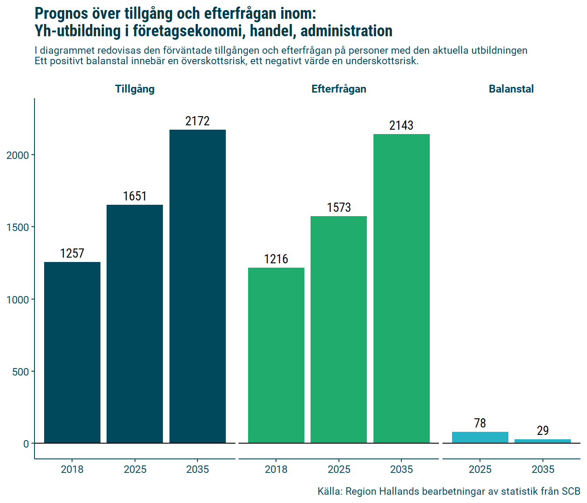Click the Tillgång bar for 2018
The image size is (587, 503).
(72, 352)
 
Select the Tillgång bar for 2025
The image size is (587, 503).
(135, 324)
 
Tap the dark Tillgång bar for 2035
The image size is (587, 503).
(197, 286)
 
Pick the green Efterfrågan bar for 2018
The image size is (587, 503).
(276, 355)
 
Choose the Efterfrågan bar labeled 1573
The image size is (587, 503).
(338, 330)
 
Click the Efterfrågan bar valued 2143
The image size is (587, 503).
(401, 289)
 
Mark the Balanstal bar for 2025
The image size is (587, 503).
(480, 438)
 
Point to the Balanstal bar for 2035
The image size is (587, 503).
(542, 441)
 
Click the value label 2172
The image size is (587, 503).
(197, 121)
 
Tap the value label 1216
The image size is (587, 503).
(276, 259)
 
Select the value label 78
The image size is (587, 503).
(480, 423)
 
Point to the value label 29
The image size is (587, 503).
(542, 431)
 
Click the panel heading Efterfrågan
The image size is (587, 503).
(338, 89)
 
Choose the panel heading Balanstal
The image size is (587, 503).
(511, 89)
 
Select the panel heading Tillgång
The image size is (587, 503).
(135, 89)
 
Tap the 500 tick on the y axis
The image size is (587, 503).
(21, 372)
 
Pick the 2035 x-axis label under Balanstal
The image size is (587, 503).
(542, 469)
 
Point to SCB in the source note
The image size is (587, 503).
(571, 491)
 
